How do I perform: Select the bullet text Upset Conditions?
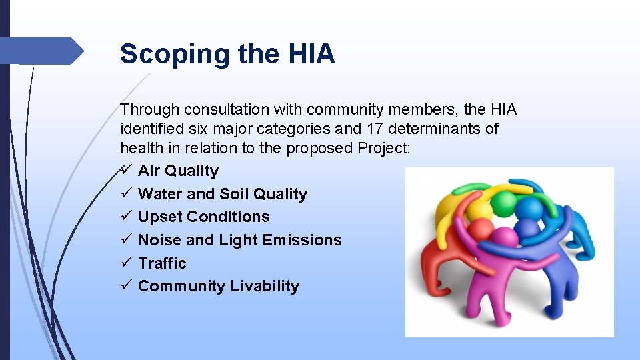(203, 217)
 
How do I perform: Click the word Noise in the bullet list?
(160, 240)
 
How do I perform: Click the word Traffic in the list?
(162, 263)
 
